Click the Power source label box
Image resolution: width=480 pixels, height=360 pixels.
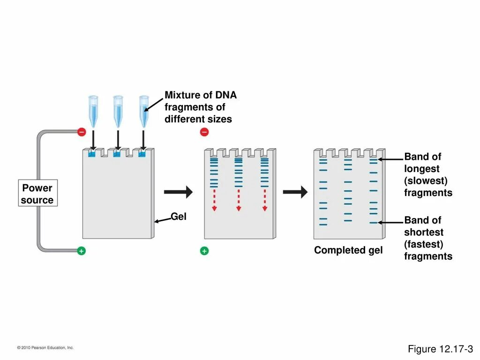(x=37, y=194)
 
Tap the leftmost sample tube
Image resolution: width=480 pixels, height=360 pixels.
(x=93, y=111)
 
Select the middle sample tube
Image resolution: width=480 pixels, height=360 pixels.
(x=118, y=111)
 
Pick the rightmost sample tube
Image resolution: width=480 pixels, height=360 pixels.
(x=143, y=111)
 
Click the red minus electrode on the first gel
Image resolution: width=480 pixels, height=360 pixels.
(x=82, y=132)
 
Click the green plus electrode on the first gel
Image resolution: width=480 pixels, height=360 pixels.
(x=82, y=251)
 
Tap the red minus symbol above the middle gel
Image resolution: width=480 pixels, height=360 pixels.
(x=204, y=132)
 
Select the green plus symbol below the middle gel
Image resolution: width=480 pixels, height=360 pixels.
(x=204, y=251)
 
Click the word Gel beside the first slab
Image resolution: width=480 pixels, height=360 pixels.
(x=179, y=217)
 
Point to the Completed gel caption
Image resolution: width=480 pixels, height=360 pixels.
(x=348, y=250)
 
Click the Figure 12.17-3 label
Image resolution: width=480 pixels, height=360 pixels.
(x=440, y=349)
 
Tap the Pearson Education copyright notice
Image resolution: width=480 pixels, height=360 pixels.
(x=45, y=347)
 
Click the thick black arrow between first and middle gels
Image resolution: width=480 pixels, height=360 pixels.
(x=178, y=192)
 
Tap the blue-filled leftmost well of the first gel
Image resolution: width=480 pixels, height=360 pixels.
(x=92, y=154)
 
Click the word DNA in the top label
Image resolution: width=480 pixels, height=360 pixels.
(x=226, y=95)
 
